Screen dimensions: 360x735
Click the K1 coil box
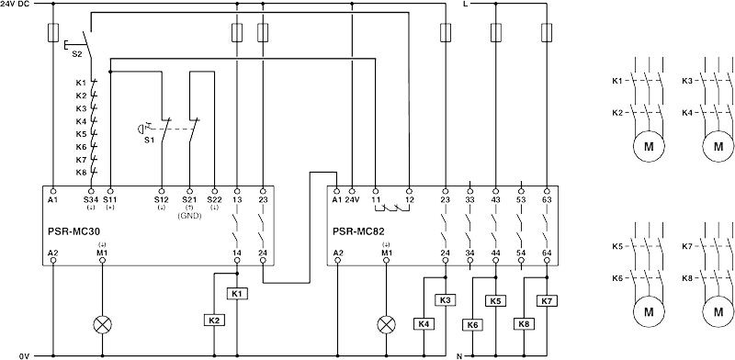(x=238, y=293)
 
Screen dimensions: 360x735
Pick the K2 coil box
(x=213, y=321)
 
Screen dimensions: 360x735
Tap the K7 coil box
(x=548, y=300)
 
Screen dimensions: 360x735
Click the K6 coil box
(x=472, y=323)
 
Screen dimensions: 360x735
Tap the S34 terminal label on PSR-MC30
(x=90, y=199)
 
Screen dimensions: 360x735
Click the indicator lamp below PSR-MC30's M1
(x=100, y=324)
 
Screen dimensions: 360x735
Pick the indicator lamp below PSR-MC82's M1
(x=386, y=324)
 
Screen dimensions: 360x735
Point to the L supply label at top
(x=465, y=5)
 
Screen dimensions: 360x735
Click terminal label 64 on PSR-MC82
(x=547, y=253)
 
